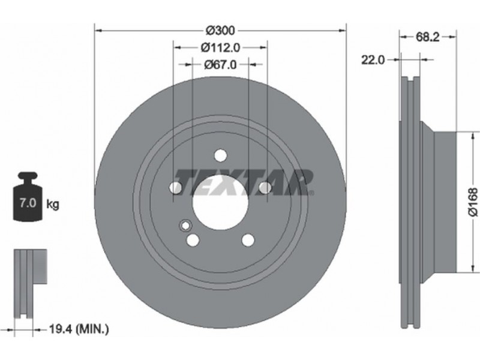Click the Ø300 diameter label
[220, 31]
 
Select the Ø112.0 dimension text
[220, 47]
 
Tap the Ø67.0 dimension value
[220, 64]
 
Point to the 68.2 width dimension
[427, 37]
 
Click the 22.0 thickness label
[373, 60]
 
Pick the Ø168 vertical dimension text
[473, 202]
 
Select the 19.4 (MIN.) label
[79, 329]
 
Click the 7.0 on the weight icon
[28, 203]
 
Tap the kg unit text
[53, 204]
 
